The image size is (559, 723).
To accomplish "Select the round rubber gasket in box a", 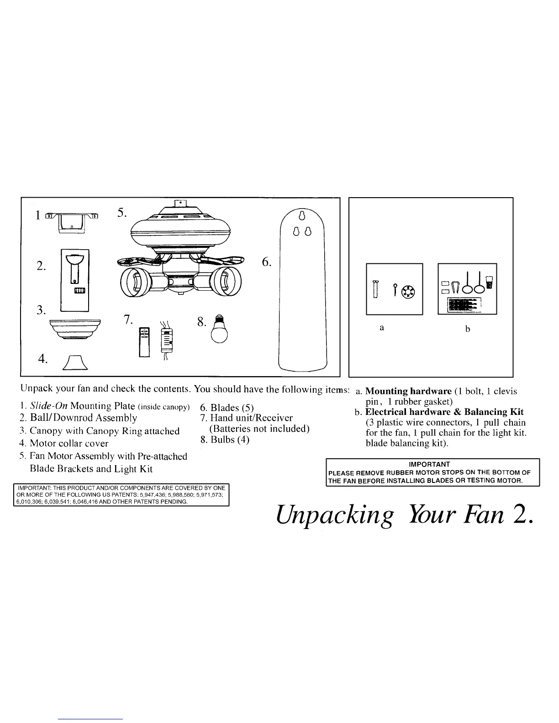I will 408,291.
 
